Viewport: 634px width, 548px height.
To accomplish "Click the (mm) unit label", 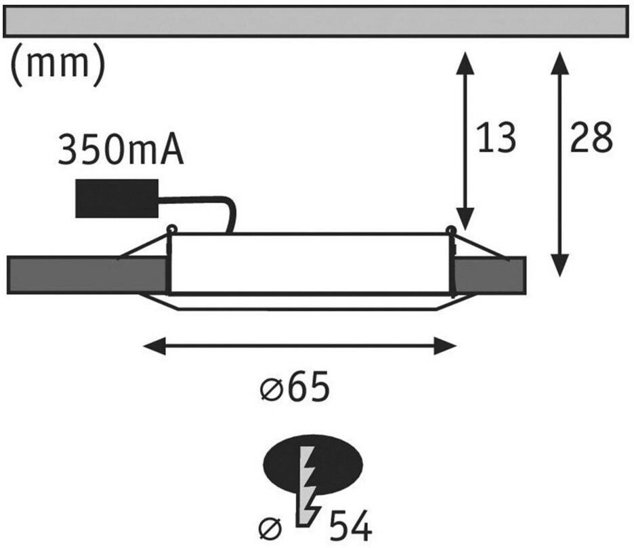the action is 58,64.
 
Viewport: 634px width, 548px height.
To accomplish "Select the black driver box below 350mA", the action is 117,198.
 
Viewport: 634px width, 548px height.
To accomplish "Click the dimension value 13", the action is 496,138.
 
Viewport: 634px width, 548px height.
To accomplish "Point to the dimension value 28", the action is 591,138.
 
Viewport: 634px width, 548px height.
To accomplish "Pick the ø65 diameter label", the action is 295,387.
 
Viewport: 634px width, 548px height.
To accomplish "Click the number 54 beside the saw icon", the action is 351,526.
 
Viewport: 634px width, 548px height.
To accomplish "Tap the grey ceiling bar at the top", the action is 316,22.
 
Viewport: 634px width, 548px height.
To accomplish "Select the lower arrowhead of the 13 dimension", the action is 465,219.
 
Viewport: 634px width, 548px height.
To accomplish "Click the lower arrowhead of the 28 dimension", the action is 560,265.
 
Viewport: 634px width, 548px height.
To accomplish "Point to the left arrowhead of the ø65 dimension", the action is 155,346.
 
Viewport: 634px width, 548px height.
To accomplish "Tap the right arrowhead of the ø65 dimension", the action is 445,346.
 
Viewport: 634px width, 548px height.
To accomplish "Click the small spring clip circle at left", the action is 172,229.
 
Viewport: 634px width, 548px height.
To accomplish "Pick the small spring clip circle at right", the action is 450,230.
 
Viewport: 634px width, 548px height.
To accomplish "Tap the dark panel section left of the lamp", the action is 87,275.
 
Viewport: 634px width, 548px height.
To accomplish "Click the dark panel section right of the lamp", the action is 489,275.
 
